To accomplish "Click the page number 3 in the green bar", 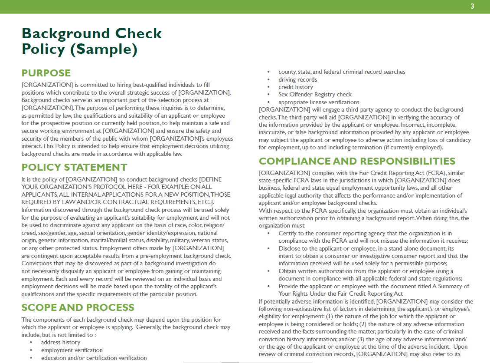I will pos(472,6).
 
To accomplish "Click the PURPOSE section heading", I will pos(46,73).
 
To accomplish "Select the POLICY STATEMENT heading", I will pos(74,168).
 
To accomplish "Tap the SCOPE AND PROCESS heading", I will pos(78,307).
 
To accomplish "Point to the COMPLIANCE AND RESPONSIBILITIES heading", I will pos(357,161).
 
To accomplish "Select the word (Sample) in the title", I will pos(104,49).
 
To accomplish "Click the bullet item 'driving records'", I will pos(297,79).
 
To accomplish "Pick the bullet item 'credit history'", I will pos(295,87).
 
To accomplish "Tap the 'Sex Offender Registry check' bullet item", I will pos(315,94).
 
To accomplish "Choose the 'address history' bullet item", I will pos(60,342).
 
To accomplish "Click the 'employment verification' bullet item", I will pos(72,350).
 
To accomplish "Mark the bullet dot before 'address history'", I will pos(31,343).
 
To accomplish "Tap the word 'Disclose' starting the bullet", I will pos(290,248).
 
